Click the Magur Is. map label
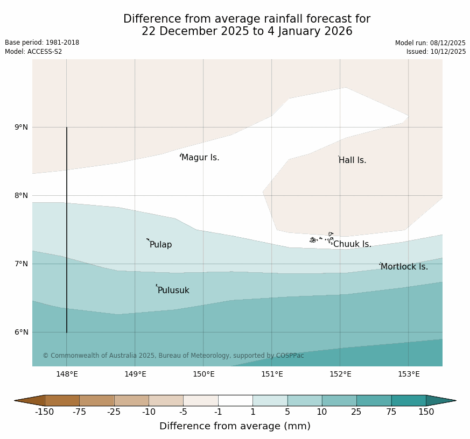200,158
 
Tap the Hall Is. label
353,160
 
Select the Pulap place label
160,245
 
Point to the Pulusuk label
173,291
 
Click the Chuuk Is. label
352,244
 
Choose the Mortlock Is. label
404,267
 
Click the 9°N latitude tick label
22,128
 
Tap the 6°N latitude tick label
22,332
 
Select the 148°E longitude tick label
67,374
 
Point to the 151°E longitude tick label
272,374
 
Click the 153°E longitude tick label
409,374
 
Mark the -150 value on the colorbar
45,412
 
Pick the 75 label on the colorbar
391,412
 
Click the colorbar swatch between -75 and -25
97,400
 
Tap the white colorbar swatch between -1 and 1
235,400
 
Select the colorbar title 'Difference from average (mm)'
235,426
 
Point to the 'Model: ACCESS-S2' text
33,52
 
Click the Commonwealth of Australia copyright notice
173,356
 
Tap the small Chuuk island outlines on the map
322,238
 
